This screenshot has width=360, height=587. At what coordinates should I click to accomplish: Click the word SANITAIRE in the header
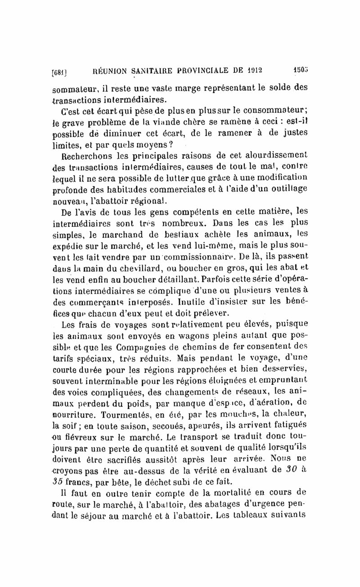[144, 70]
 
